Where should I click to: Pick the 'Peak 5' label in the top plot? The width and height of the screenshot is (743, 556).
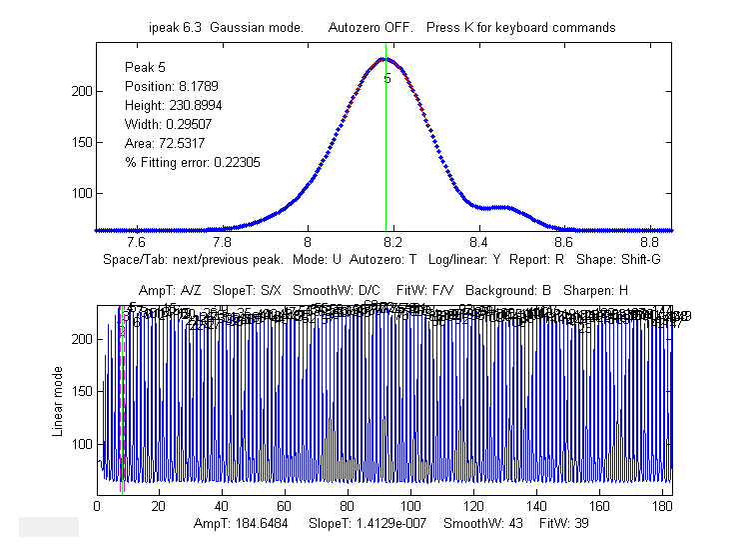tap(146, 67)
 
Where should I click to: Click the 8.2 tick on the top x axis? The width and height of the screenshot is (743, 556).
tap(393, 242)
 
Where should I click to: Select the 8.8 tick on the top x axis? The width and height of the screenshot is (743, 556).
tap(650, 242)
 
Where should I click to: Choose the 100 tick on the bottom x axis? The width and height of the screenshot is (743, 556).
tap(411, 507)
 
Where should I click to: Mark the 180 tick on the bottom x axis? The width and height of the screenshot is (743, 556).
tap(662, 507)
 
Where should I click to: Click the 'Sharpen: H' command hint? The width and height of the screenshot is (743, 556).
tap(594, 290)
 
